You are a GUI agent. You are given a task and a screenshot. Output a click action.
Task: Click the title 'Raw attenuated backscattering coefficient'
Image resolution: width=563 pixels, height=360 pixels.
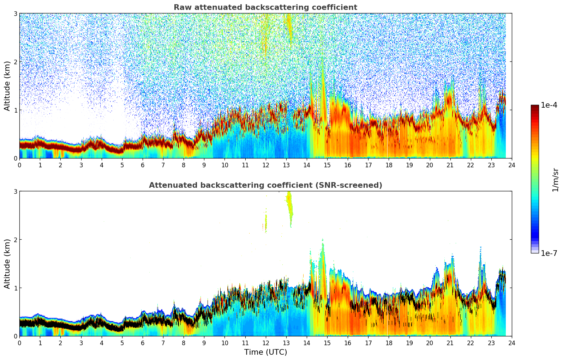tap(265, 7)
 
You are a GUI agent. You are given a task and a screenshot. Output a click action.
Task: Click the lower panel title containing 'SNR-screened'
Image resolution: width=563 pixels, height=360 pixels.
tap(265, 185)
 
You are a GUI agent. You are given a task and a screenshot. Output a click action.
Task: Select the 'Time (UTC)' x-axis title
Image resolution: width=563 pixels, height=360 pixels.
tap(265, 352)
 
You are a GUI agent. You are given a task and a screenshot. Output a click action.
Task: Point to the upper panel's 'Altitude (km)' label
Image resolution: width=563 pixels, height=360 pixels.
tap(7, 86)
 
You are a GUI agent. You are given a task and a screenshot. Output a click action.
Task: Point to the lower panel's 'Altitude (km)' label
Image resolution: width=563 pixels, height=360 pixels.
tap(7, 264)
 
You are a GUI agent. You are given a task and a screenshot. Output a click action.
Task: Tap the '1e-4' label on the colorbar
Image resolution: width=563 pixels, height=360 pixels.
tap(549, 105)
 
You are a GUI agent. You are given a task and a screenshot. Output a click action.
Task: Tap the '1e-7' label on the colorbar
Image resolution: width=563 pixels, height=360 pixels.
tap(549, 253)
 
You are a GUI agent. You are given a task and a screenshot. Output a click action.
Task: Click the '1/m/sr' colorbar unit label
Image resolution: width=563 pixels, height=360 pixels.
tap(555, 180)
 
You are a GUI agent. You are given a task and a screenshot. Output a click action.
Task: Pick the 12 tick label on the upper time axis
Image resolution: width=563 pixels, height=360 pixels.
tap(265, 165)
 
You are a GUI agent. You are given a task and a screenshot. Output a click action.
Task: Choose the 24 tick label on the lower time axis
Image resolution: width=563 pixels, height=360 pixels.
tap(511, 343)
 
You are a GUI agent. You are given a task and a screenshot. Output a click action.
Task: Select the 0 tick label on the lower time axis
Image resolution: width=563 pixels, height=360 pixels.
tap(19, 343)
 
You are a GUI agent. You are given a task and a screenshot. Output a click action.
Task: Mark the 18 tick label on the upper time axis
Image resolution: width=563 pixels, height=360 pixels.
tap(389, 165)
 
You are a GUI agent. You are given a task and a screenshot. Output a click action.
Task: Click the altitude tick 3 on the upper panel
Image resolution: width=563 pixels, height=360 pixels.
tap(16, 13)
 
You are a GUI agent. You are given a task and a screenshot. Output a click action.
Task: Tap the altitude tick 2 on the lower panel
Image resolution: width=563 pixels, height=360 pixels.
tap(16, 240)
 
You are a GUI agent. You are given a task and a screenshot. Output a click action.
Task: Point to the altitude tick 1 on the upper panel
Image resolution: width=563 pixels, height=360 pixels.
tap(16, 110)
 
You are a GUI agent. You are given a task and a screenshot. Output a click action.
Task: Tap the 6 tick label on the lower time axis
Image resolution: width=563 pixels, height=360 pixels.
tap(143, 343)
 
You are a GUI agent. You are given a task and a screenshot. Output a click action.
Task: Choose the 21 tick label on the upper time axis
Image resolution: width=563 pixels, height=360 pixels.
tap(450, 165)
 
